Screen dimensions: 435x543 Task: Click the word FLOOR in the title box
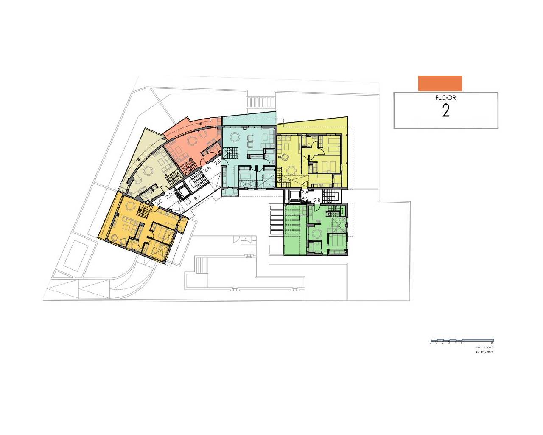[x=445, y=98]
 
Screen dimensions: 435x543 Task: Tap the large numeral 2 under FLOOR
[x=446, y=111]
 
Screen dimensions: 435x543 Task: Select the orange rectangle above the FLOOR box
[x=440, y=83]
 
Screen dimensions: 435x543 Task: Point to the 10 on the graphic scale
[x=492, y=343]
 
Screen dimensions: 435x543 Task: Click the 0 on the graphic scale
[x=430, y=343]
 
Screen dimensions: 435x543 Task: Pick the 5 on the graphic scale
[x=462, y=343]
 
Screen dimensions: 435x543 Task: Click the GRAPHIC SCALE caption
[x=484, y=347]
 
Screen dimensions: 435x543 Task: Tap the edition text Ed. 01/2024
[x=484, y=352]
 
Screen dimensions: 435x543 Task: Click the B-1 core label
[x=197, y=198]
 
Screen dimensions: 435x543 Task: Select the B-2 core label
[x=305, y=198]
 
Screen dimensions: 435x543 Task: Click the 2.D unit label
[x=169, y=196]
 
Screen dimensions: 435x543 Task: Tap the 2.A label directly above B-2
[x=305, y=192]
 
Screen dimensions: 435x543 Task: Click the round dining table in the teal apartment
[x=235, y=137]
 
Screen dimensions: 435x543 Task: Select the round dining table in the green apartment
[x=316, y=233]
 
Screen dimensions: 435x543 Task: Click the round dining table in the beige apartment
[x=148, y=171]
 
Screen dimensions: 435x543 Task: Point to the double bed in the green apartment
[x=336, y=240]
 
